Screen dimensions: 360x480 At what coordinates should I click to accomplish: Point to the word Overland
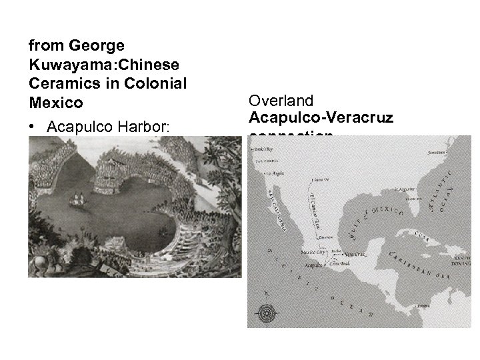point(281,101)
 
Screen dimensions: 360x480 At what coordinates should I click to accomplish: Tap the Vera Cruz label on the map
point(355,253)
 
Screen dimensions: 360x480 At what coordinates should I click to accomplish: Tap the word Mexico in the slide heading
point(47,104)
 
